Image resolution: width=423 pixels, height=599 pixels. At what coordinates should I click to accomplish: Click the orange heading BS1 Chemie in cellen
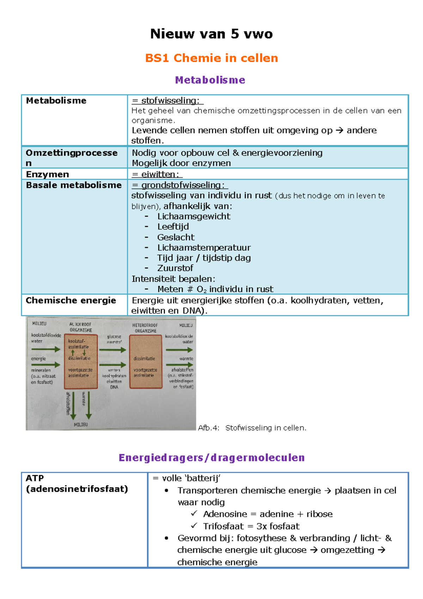pyautogui.click(x=211, y=58)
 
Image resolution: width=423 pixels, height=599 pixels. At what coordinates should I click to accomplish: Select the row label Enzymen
pyautogui.click(x=47, y=174)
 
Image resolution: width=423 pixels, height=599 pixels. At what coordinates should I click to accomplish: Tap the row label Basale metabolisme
pyautogui.click(x=74, y=185)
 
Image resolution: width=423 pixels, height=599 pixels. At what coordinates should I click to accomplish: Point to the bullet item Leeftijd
pyautogui.click(x=173, y=226)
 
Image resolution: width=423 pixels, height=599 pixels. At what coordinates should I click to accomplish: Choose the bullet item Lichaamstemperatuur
pyautogui.click(x=204, y=247)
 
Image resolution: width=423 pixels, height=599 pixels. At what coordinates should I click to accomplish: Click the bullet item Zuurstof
pyautogui.click(x=175, y=268)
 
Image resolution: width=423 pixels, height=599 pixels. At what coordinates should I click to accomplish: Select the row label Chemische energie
pyautogui.click(x=71, y=300)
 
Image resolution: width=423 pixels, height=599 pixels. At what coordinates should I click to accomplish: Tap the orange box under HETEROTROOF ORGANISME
pyautogui.click(x=146, y=362)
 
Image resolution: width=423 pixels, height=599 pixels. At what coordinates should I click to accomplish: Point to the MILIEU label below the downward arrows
pyautogui.click(x=81, y=424)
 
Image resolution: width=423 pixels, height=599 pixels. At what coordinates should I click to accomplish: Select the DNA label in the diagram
pyautogui.click(x=114, y=387)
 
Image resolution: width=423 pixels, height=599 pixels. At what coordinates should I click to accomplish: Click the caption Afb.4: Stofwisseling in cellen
pyautogui.click(x=252, y=428)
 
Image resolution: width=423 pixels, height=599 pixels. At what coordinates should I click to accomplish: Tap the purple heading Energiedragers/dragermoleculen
pyautogui.click(x=211, y=458)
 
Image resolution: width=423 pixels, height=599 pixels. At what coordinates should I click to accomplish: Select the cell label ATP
pyautogui.click(x=35, y=478)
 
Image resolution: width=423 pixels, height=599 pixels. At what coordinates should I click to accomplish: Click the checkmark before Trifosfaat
pyautogui.click(x=194, y=526)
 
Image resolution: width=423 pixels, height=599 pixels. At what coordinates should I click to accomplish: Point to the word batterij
pyautogui.click(x=203, y=478)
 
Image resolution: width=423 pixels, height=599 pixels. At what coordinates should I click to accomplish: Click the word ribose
pyautogui.click(x=319, y=514)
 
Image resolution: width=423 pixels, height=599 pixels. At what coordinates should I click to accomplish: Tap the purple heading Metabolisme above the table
pyautogui.click(x=210, y=80)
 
